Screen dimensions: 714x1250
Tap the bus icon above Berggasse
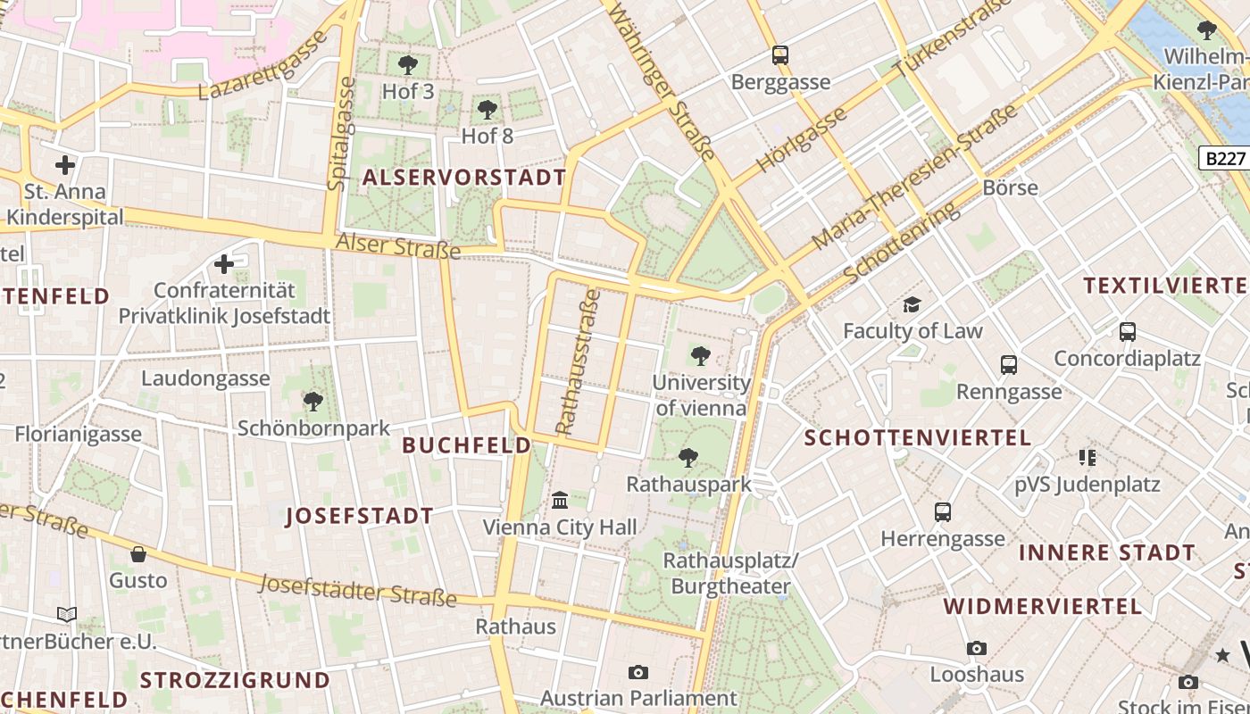780,55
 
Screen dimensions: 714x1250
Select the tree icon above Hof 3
408,64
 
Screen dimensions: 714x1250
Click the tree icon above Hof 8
487,110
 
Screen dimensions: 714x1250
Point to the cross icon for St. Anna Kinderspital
64,165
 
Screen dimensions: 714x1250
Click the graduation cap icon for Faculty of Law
912,305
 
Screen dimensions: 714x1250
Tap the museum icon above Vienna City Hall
560,500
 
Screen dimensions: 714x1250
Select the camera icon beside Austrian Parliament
637,672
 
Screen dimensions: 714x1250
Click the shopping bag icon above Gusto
138,554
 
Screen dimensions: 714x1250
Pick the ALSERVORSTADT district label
464,178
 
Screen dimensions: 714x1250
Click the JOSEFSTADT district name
360,516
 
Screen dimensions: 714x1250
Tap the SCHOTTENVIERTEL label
918,438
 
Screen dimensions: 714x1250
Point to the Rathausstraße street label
579,361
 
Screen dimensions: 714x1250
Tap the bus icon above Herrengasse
943,512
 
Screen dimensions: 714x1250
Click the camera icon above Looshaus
977,648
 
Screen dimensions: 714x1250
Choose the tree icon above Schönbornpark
313,402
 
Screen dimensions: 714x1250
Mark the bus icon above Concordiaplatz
1128,332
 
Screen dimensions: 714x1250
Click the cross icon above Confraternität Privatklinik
224,264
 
